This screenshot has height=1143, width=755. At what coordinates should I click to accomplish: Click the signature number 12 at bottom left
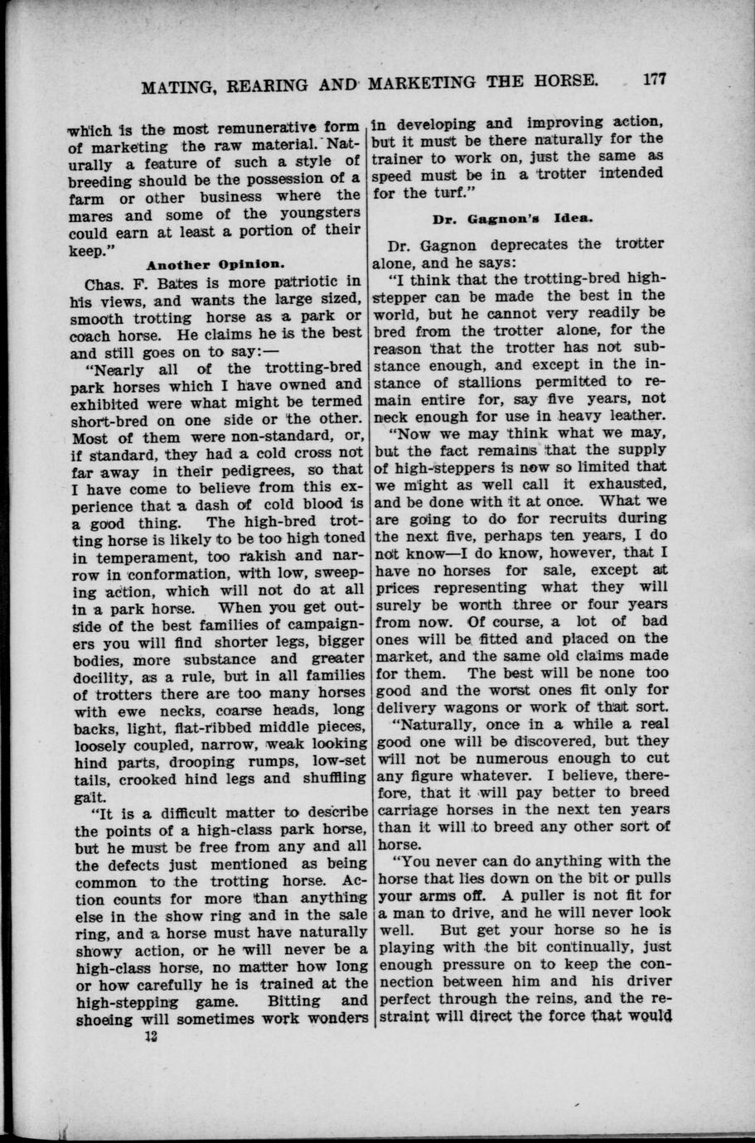click(150, 1036)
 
